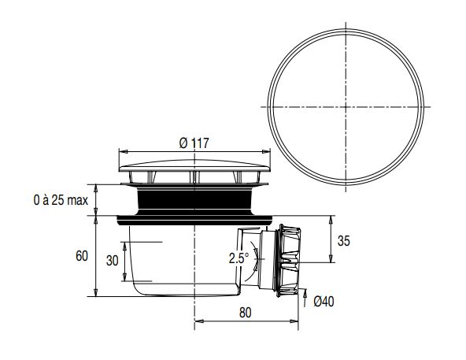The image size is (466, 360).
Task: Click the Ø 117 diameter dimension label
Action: (193, 143)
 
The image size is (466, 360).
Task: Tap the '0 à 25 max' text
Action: (60, 200)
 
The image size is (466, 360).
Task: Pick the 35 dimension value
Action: (344, 240)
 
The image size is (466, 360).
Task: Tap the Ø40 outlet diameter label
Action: (324, 301)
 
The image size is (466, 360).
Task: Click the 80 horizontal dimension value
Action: (245, 312)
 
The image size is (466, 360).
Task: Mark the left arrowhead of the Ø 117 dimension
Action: (121, 152)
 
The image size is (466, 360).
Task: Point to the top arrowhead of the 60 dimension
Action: (96, 221)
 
